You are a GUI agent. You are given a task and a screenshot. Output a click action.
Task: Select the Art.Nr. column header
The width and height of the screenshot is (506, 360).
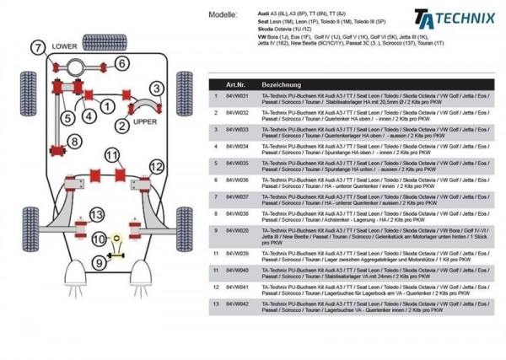click(236, 85)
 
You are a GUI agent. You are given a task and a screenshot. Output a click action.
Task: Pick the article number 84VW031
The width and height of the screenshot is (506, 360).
click(237, 97)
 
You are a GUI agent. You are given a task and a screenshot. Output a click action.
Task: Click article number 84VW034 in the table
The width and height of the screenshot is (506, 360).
click(237, 146)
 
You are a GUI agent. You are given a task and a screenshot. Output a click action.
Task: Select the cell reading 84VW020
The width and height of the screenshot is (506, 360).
click(237, 229)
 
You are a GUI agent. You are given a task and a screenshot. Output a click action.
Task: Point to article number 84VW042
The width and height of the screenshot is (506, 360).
click(237, 302)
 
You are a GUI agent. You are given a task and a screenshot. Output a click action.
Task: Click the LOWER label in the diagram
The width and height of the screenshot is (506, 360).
click(64, 47)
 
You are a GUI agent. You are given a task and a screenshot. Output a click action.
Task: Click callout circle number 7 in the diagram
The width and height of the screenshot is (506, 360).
click(38, 49)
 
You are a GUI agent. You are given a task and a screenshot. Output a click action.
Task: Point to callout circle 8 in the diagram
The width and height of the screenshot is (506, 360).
click(74, 141)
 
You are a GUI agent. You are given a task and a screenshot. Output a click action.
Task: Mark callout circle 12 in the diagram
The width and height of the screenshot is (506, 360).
click(156, 167)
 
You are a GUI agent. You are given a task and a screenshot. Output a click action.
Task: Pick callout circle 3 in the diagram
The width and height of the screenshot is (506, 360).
click(157, 88)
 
